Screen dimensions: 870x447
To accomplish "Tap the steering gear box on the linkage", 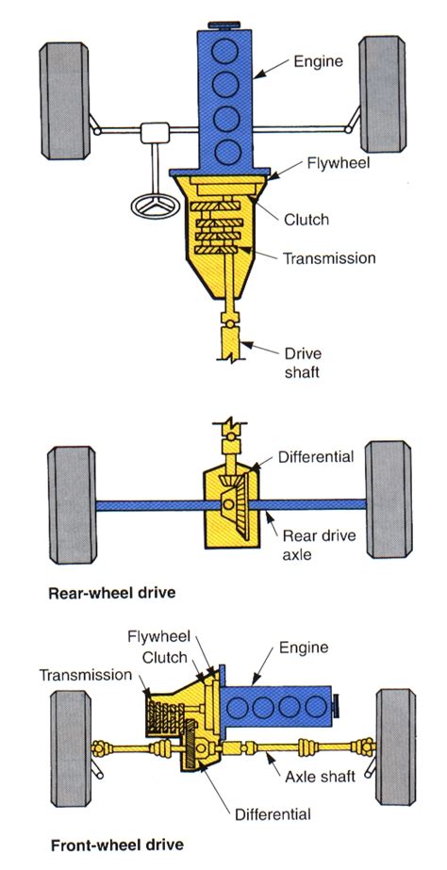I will pos(153,132).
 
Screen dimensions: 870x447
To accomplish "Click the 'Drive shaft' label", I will pos(303,363).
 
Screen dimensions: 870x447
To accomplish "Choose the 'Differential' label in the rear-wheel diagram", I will pos(315,457).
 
